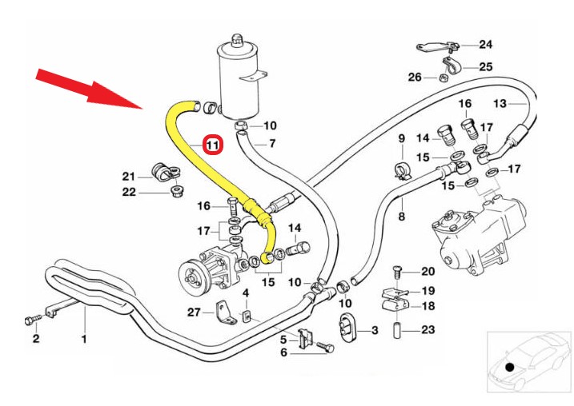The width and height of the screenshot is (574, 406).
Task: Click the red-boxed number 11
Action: (213, 145)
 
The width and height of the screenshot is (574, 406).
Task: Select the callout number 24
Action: (487, 43)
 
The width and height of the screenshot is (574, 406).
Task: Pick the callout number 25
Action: (486, 66)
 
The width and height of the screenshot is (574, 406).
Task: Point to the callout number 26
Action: (414, 78)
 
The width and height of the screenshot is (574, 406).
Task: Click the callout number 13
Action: (500, 104)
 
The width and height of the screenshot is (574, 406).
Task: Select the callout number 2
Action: (35, 339)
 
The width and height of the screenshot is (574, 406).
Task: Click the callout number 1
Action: (83, 338)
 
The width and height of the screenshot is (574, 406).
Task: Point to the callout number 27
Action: (193, 312)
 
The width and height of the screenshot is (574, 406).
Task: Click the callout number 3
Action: (373, 330)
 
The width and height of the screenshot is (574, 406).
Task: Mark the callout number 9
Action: (402, 139)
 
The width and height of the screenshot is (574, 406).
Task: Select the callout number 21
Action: (129, 176)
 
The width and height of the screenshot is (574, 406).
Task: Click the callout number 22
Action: (129, 192)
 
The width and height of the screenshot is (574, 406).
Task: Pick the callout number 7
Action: (271, 144)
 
